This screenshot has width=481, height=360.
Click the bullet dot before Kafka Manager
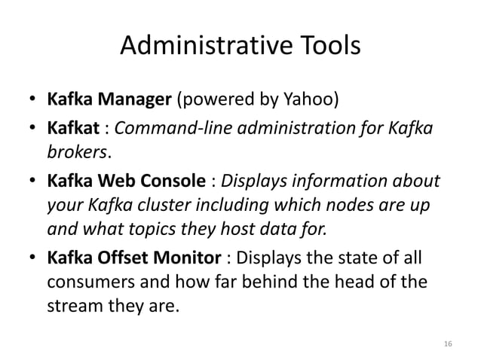click(33, 100)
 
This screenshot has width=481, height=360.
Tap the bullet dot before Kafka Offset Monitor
click(33, 261)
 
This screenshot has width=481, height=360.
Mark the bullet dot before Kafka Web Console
click(33, 183)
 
